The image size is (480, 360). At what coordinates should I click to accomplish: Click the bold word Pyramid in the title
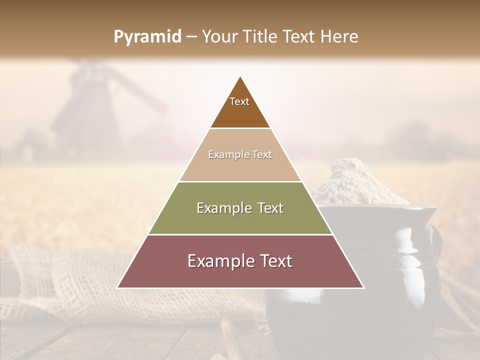[147, 37]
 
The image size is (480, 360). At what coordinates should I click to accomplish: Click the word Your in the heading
[220, 37]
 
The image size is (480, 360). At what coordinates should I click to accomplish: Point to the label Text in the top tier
[239, 101]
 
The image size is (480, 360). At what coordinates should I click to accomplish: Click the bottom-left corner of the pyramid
[117, 287]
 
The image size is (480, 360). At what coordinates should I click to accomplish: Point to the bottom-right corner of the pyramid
[363, 287]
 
